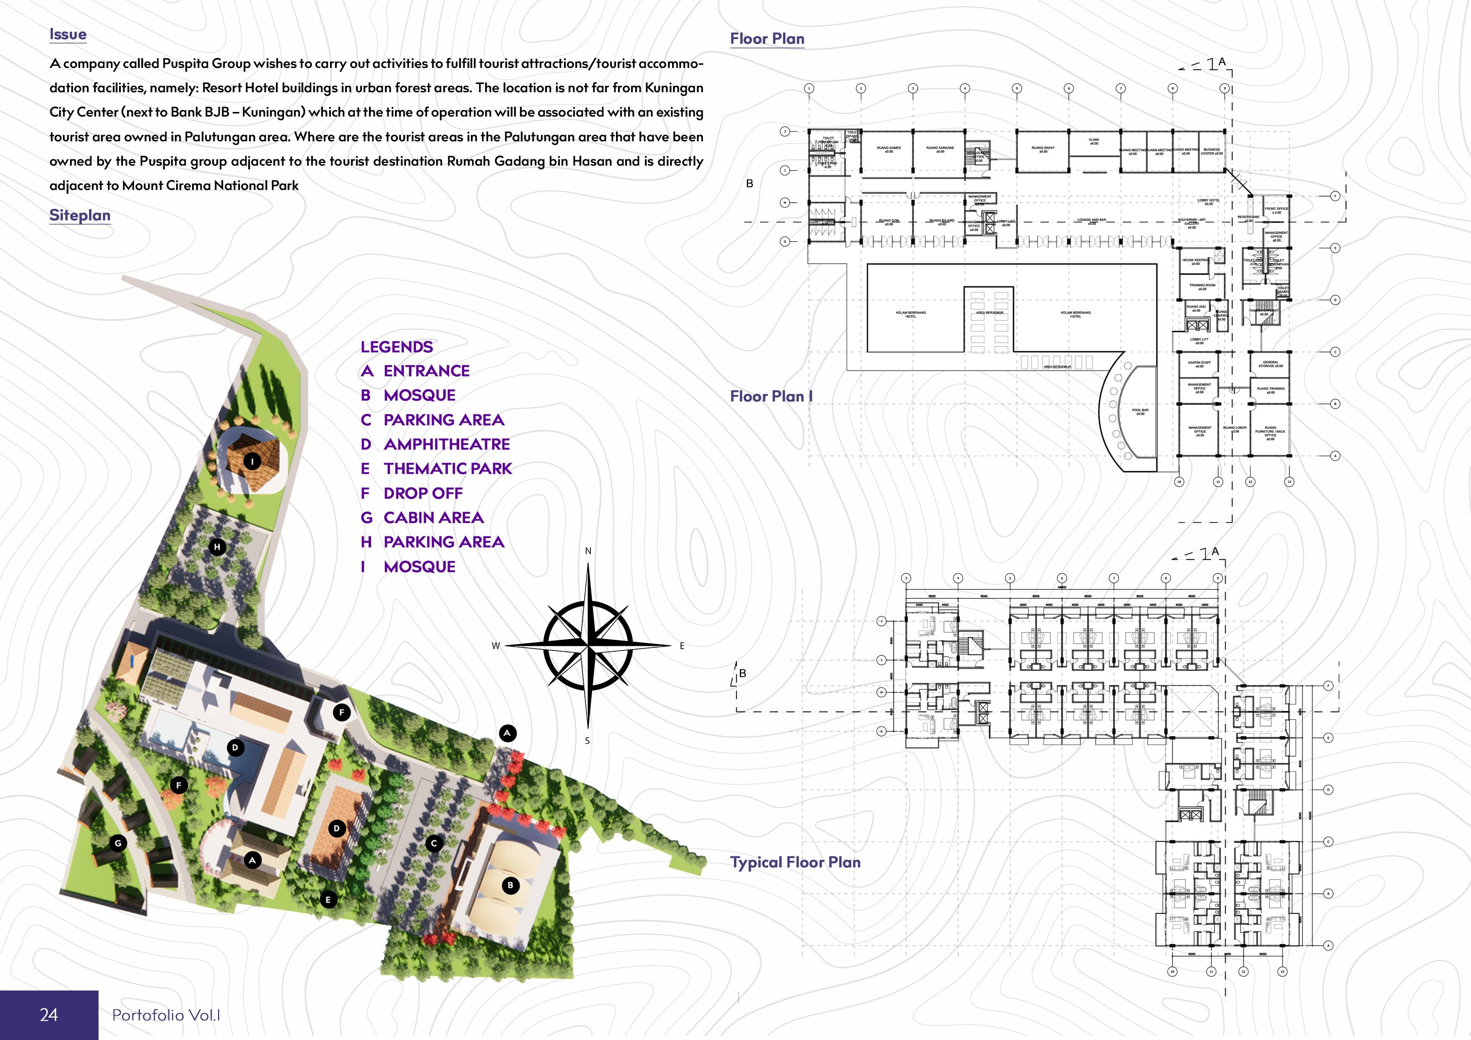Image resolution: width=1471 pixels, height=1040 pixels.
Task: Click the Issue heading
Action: (68, 35)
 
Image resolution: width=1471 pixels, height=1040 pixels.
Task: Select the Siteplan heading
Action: (80, 215)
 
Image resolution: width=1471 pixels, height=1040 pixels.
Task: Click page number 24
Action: (49, 1014)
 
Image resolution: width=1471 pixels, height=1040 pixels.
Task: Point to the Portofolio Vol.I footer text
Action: (166, 1015)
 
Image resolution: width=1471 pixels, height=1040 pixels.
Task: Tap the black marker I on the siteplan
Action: (252, 461)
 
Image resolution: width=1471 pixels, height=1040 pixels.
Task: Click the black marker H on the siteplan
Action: (217, 546)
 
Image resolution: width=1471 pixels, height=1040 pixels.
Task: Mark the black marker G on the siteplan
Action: (118, 843)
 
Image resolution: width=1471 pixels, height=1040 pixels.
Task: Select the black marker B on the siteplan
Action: (510, 886)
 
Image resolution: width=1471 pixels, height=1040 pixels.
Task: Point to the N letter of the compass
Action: (588, 551)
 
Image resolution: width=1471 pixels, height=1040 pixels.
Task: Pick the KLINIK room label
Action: (1094, 141)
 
